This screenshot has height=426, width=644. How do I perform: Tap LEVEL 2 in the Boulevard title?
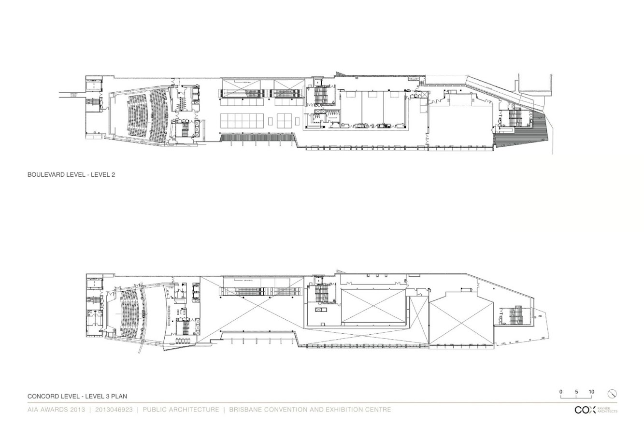[x=103, y=174]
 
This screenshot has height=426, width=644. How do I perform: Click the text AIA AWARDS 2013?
[x=56, y=410]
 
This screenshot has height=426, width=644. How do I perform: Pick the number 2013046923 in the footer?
[x=114, y=410]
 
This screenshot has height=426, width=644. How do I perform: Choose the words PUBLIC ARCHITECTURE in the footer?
[x=181, y=410]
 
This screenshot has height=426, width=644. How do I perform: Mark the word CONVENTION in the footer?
[x=282, y=410]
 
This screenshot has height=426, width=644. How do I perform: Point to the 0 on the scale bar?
[x=561, y=392]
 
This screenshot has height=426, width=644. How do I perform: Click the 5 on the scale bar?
[x=576, y=392]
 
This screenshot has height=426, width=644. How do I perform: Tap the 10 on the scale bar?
[x=591, y=392]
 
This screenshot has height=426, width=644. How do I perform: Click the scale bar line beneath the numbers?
[x=576, y=398]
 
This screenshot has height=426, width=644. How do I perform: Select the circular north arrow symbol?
[x=612, y=394]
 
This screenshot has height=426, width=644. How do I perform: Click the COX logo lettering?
[x=585, y=410]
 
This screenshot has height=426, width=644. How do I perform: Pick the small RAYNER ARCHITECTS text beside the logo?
[x=607, y=410]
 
